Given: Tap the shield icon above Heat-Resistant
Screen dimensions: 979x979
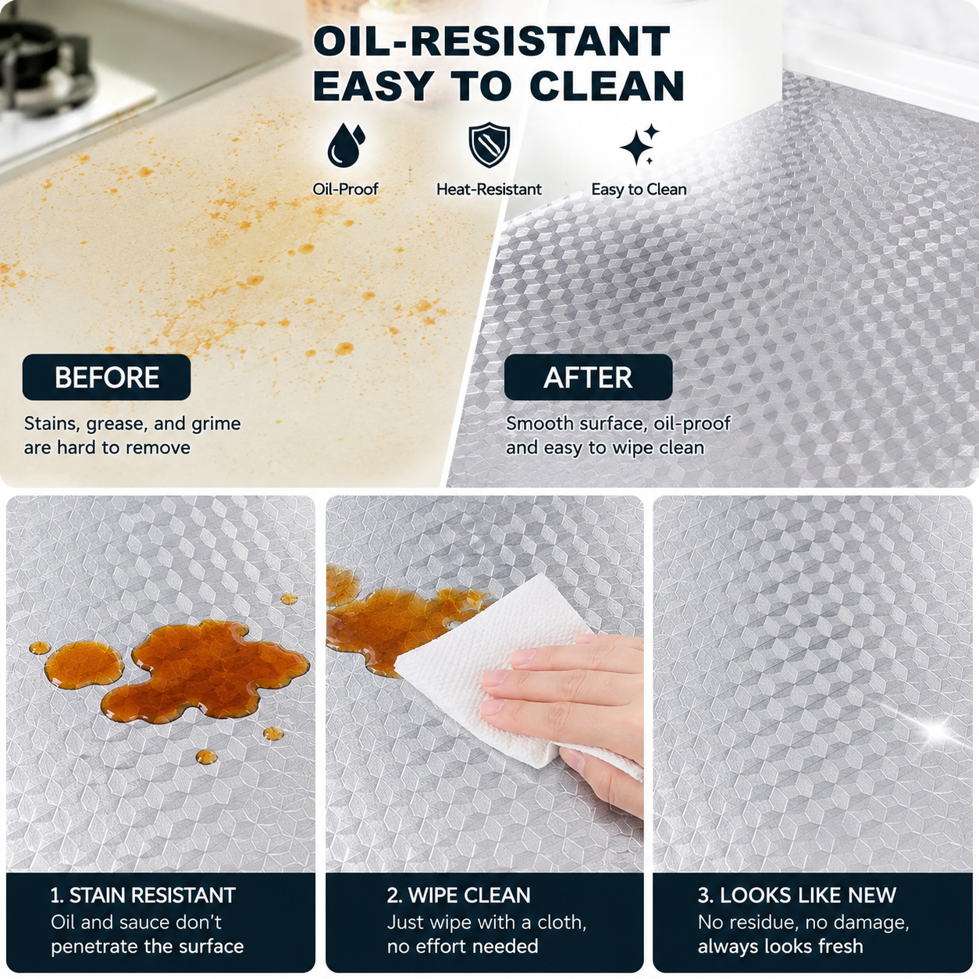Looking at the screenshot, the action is tap(489, 144).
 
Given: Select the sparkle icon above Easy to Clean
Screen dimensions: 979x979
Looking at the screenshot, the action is tap(639, 144).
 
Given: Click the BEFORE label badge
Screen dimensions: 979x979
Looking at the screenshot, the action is tap(107, 377).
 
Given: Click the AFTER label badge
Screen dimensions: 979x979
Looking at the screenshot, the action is tap(589, 377).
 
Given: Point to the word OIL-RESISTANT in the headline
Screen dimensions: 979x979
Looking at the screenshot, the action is tap(491, 41).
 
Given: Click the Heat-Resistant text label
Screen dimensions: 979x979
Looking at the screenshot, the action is tap(489, 190).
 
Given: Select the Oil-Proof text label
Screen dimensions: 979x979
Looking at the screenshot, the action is tap(346, 190).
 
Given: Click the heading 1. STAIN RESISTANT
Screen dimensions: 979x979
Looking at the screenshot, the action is tap(143, 895).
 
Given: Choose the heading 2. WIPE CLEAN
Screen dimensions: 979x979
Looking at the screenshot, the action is tap(458, 895).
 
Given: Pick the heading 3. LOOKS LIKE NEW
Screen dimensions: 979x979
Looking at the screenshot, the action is tap(796, 895).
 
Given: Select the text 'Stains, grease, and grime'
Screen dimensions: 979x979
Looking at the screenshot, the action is tap(132, 424).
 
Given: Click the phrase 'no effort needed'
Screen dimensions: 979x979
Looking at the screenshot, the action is tap(462, 946).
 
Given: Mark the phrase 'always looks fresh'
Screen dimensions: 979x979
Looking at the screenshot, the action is tap(781, 946).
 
